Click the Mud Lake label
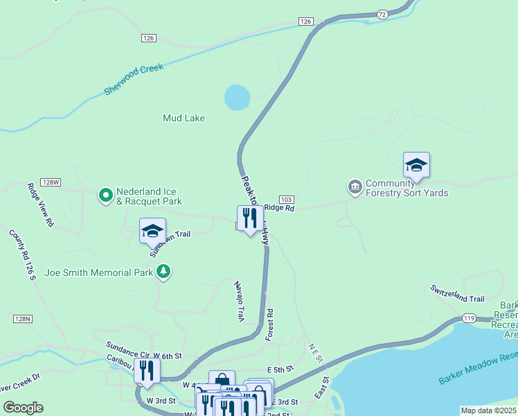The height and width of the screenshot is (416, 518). (184, 118)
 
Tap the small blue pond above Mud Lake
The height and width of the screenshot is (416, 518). (237, 97)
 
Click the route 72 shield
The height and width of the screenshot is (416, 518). (382, 14)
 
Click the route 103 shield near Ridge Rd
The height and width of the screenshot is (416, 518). (287, 199)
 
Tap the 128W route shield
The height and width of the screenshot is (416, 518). (51, 182)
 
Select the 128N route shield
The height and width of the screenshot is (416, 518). (23, 319)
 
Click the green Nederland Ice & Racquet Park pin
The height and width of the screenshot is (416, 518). (105, 196)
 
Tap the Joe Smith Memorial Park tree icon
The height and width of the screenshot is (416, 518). (163, 272)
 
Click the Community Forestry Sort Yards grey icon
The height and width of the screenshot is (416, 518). (355, 187)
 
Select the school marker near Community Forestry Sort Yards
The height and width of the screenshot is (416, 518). (416, 166)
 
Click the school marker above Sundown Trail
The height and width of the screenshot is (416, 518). (152, 232)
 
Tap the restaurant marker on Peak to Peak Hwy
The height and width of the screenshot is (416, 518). (249, 218)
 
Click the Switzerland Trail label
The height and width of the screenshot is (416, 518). (456, 293)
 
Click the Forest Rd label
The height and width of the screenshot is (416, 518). (270, 324)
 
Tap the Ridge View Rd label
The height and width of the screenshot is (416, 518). (39, 205)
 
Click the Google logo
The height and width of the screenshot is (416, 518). (23, 408)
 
